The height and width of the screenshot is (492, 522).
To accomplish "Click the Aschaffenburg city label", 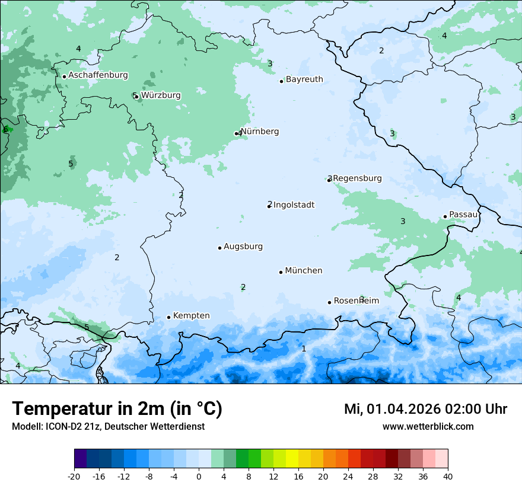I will [98, 75].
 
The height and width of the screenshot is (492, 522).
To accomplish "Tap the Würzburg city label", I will [161, 95].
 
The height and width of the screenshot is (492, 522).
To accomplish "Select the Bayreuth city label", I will [304, 79].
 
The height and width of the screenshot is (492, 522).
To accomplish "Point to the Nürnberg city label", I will [259, 132].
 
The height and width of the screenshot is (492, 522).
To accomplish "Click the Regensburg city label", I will [357, 178].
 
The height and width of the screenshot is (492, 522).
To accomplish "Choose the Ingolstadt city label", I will [294, 205].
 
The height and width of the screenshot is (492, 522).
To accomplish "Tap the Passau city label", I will [463, 215].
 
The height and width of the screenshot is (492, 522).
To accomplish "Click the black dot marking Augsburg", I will [219, 248].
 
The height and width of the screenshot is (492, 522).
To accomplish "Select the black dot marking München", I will [281, 272].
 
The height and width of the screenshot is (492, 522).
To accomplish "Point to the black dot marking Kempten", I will [168, 317].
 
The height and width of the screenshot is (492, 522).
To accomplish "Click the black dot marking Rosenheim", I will [329, 302].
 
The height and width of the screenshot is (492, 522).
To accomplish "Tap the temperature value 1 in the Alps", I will [304, 349].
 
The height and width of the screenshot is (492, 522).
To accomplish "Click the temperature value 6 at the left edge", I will [5, 129].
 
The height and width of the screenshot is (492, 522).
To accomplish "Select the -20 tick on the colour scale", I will [74, 476].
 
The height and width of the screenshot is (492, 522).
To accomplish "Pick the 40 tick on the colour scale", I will [448, 476].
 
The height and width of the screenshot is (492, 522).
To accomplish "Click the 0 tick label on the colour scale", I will [199, 476].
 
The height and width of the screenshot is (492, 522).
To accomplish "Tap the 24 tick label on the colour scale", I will [348, 476].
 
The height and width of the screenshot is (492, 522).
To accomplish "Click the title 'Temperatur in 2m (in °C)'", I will [117, 409].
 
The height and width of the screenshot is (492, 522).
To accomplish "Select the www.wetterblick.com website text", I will [428, 426].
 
